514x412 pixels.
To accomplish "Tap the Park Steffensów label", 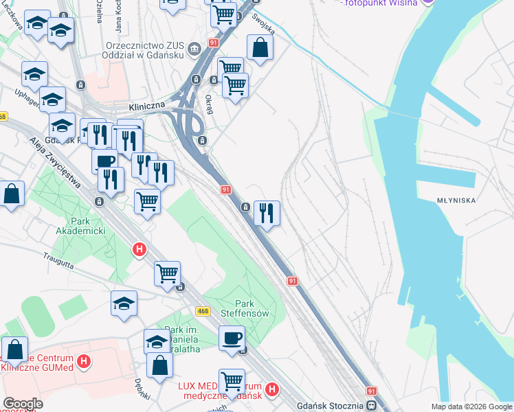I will (x=245, y=308).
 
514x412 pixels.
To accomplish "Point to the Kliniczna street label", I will (x=147, y=106).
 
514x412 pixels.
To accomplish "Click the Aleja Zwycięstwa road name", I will (x=56, y=161).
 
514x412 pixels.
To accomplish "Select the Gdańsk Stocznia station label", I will (x=329, y=406).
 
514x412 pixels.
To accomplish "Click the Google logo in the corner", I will (x=22, y=404).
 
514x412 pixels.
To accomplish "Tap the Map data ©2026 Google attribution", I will (x=471, y=407).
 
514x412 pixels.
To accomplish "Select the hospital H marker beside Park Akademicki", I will (x=139, y=250).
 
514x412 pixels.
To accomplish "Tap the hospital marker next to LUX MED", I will (x=271, y=390).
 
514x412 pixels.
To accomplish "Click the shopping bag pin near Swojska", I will (x=260, y=48).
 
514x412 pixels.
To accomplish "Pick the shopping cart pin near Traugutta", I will (x=167, y=274).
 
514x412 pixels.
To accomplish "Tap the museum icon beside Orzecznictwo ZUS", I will (x=194, y=48).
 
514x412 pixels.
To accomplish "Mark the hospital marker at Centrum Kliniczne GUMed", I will (x=84, y=360).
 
